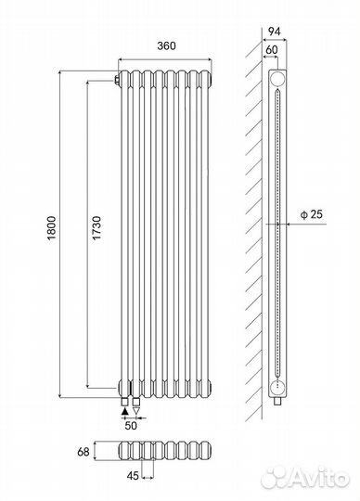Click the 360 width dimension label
(166, 46)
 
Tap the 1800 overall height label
(52, 228)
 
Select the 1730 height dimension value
(96, 228)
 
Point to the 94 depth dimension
(274, 32)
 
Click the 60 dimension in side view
(271, 50)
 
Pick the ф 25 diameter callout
(312, 214)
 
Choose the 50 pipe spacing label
(131, 426)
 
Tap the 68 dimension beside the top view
(84, 452)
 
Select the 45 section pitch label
(133, 476)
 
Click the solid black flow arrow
(125, 411)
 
